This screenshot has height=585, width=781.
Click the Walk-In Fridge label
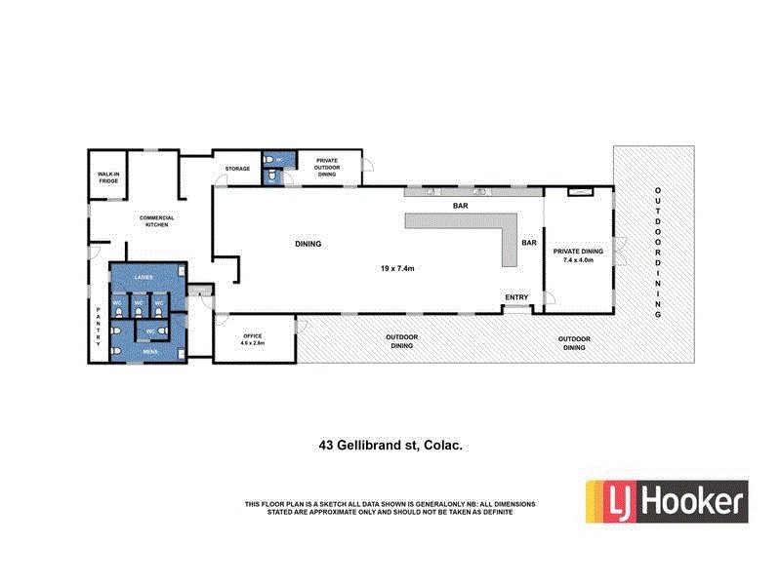[x=107, y=178]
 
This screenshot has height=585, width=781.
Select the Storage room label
[x=237, y=169]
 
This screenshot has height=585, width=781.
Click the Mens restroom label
[x=150, y=351]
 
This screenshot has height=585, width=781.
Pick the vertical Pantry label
[x=98, y=329]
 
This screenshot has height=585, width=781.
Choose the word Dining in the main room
[x=308, y=244]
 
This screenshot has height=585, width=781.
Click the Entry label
[x=516, y=297]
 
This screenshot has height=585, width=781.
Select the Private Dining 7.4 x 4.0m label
[x=579, y=255]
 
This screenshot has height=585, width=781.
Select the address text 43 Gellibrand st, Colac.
[x=390, y=445]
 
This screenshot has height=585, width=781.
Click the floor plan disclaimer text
[x=390, y=507]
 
